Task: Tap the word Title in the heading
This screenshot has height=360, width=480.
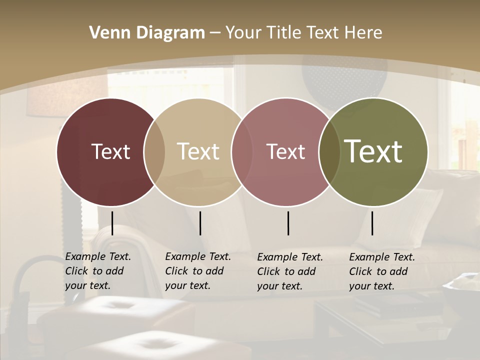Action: pyautogui.click(x=283, y=33)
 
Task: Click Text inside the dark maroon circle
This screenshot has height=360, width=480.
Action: pyautogui.click(x=110, y=151)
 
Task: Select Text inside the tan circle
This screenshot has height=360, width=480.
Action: pyautogui.click(x=198, y=151)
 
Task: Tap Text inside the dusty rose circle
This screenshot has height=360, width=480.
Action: pyautogui.click(x=285, y=151)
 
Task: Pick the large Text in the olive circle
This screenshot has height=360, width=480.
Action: pyautogui.click(x=373, y=151)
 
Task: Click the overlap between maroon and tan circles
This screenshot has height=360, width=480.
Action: pyautogui.click(x=154, y=151)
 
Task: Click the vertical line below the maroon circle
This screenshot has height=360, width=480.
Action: pyautogui.click(x=112, y=223)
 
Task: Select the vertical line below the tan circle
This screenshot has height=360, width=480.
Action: pyautogui.click(x=200, y=223)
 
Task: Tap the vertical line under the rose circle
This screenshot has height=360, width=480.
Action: pyautogui.click(x=288, y=223)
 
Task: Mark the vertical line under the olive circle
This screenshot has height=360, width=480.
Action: pyautogui.click(x=372, y=223)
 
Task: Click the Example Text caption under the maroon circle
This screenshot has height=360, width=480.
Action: pyautogui.click(x=97, y=271)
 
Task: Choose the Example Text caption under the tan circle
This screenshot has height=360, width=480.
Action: pyautogui.click(x=197, y=271)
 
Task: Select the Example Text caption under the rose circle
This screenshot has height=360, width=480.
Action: pyautogui.click(x=289, y=271)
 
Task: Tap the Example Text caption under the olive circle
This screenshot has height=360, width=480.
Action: pyautogui.click(x=381, y=271)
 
